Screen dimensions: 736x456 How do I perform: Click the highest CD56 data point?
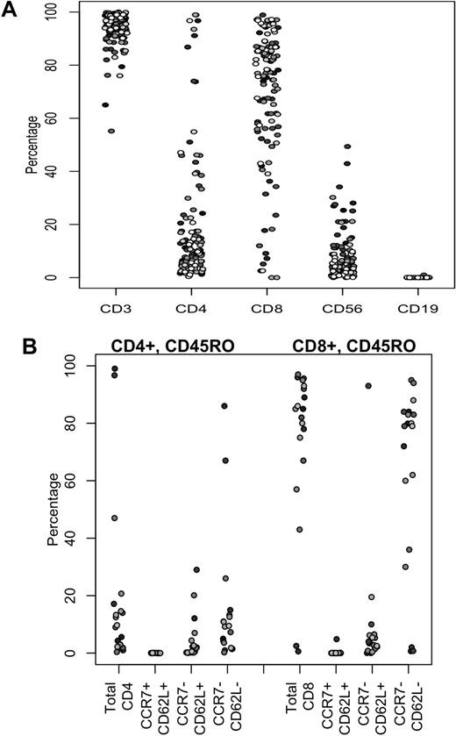point(347,147)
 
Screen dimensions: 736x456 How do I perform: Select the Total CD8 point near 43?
point(301,529)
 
